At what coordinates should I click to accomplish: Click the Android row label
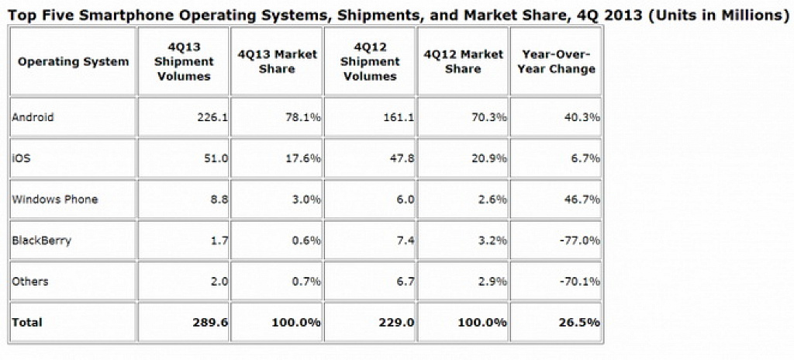pyautogui.click(x=33, y=118)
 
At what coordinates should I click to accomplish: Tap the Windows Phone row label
pyautogui.click(x=55, y=199)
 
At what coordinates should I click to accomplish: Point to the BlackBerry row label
pyautogui.click(x=42, y=240)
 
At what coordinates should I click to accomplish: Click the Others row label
pyautogui.click(x=30, y=281)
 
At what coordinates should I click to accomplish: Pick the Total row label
pyautogui.click(x=27, y=322)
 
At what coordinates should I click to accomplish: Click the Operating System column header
pyautogui.click(x=74, y=62)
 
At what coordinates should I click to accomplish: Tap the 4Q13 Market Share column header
pyautogui.click(x=277, y=61)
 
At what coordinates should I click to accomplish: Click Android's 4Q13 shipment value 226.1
pyautogui.click(x=212, y=118)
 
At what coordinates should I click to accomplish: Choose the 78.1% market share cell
pyautogui.click(x=304, y=118)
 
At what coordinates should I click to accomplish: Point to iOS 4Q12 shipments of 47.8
pyautogui.click(x=402, y=158)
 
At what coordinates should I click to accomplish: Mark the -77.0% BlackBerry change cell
pyautogui.click(x=580, y=240)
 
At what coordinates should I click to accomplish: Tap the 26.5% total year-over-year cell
pyautogui.click(x=582, y=322)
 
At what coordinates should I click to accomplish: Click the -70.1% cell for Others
pyautogui.click(x=580, y=281)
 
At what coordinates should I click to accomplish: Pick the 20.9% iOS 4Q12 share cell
pyautogui.click(x=490, y=158)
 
